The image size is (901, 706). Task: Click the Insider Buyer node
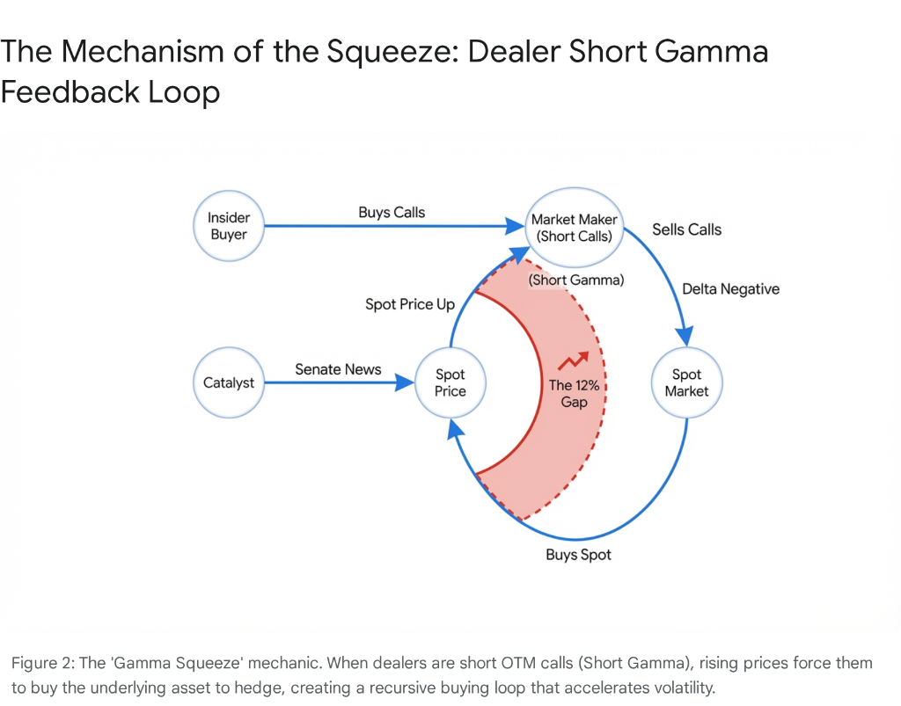229,226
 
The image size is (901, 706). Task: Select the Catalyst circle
229,383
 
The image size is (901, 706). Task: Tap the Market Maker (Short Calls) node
575,227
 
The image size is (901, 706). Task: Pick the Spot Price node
450,383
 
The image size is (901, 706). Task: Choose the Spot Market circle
686,383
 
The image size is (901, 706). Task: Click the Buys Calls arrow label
392,212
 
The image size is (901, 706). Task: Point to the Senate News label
338,369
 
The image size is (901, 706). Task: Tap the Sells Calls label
686,229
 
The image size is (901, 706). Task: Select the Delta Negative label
730,288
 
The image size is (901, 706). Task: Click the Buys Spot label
578,555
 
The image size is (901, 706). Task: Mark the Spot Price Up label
410,304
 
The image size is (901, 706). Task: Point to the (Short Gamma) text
576,280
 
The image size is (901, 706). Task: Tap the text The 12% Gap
568,393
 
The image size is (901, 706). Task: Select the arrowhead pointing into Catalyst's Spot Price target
407,383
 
